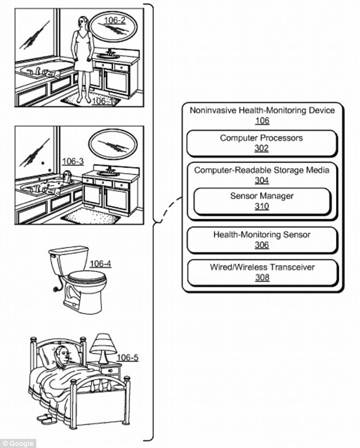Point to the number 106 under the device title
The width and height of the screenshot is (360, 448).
[x=262, y=120]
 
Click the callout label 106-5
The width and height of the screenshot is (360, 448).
[x=127, y=357]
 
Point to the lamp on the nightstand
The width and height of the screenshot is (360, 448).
[x=102, y=347]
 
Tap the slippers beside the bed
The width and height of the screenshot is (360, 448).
[x=47, y=418]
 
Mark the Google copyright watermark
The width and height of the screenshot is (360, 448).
[x=18, y=443]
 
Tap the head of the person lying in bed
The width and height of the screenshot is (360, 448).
[x=61, y=356]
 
